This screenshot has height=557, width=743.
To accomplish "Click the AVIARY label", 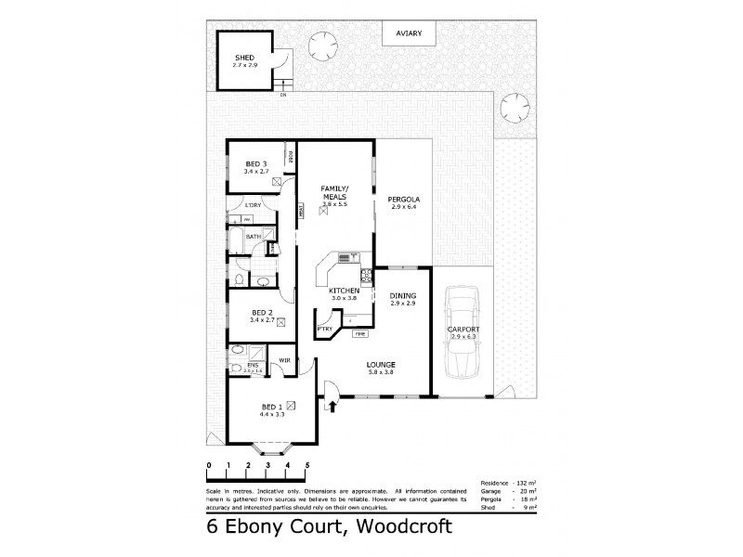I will pos(410,33).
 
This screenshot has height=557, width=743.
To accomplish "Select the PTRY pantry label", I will pos(324,329).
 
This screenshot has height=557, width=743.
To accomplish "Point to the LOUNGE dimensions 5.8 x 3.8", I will pos(381,371).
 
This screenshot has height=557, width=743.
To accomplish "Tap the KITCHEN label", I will pos(344,291).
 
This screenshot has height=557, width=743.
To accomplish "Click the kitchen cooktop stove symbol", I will pos(366,275).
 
